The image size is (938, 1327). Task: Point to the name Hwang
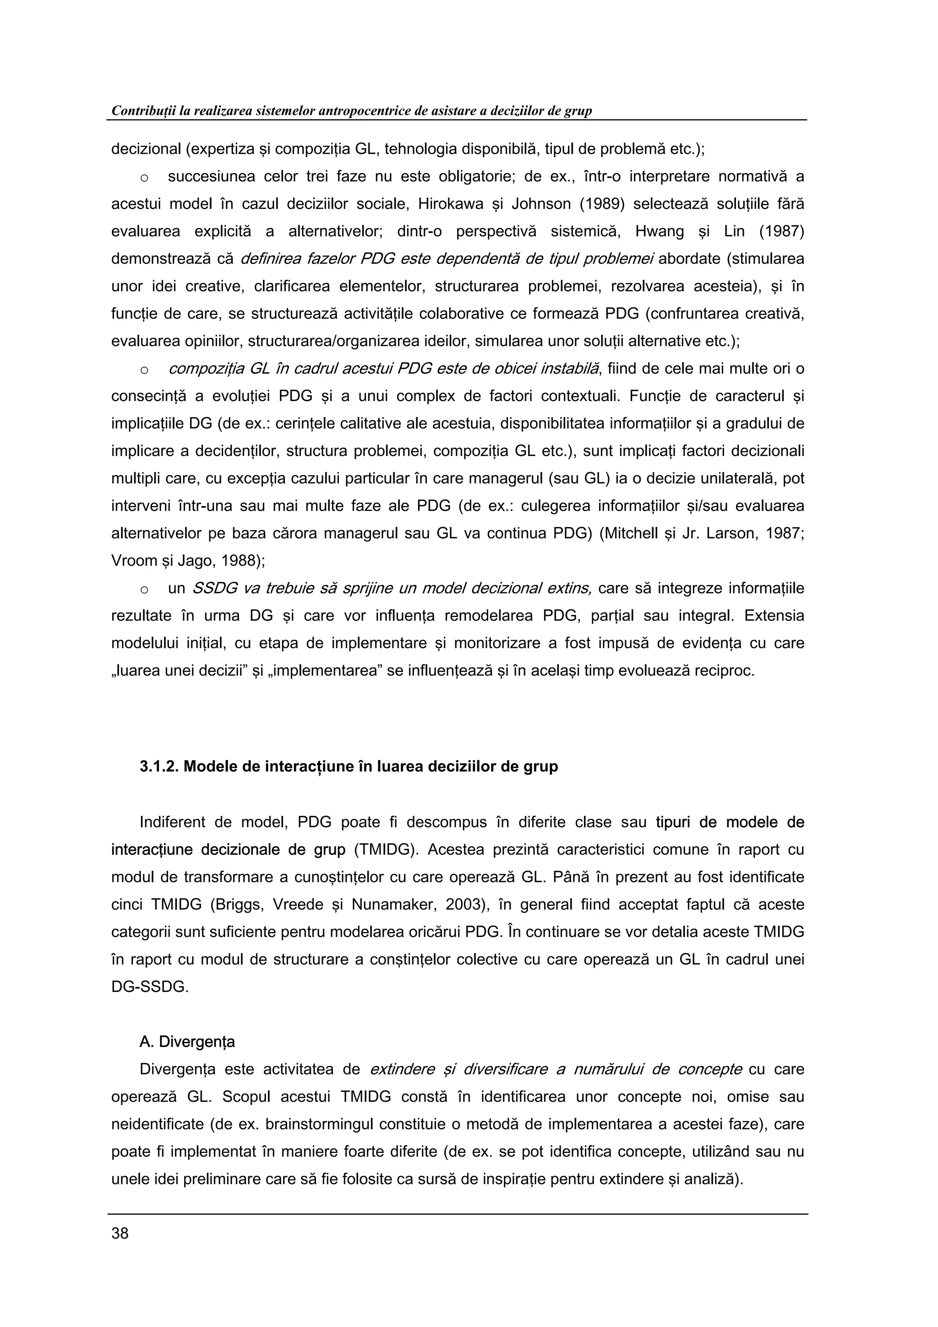click(660, 232)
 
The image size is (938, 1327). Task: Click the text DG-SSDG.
click(150, 987)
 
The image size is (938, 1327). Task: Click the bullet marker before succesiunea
click(144, 177)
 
